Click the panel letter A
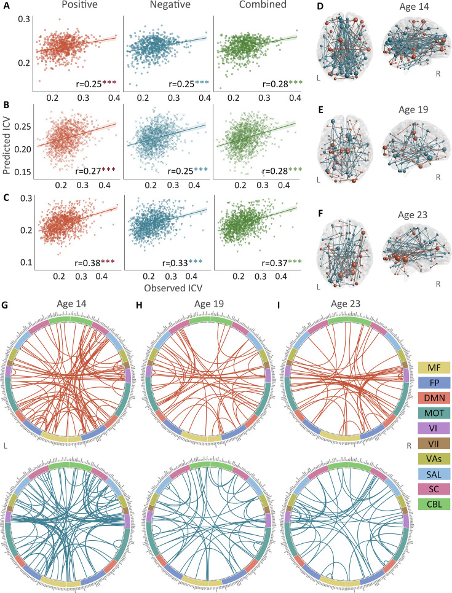click(6, 6)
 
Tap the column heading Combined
click(256, 6)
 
